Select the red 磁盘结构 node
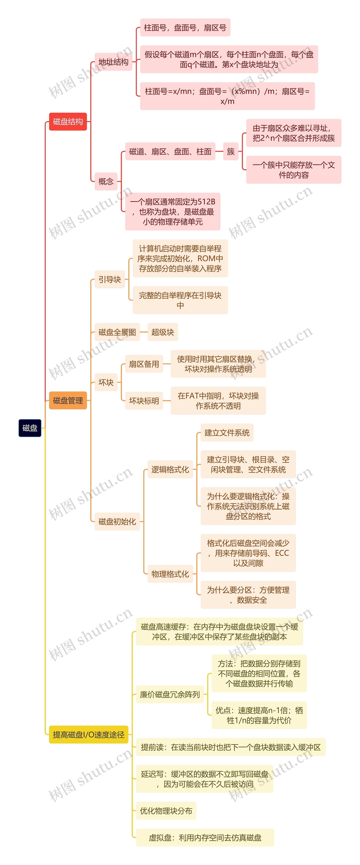click(x=68, y=122)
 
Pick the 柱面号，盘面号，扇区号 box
click(x=185, y=28)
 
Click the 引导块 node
click(x=110, y=279)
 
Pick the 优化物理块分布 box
click(x=166, y=811)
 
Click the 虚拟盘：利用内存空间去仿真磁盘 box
click(x=205, y=837)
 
